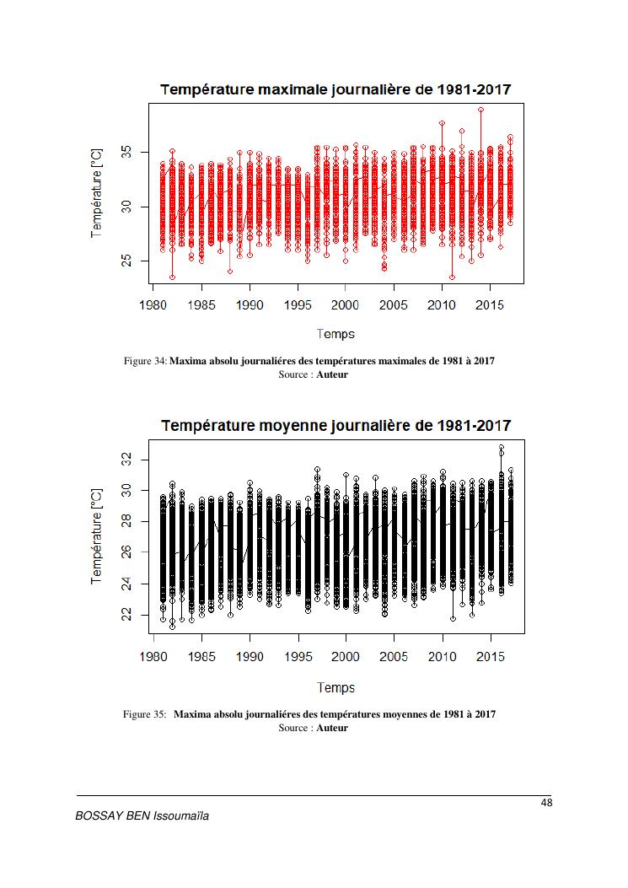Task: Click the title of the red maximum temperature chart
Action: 335,89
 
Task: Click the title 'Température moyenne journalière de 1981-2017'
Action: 335,425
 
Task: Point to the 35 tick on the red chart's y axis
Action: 126,152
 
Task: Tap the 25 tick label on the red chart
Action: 126,261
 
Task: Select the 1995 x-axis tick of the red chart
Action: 298,304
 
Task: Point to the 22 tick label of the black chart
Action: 126,616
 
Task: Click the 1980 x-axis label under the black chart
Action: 153,655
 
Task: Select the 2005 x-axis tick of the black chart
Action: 394,655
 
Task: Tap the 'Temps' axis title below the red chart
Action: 335,334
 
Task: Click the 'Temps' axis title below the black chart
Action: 335,687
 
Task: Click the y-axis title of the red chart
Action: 96,193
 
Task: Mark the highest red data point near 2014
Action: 480,110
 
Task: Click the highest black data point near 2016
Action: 501,448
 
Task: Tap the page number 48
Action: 545,802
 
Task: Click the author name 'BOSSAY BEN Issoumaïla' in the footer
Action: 142,816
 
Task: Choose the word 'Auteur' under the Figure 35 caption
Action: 332,728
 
